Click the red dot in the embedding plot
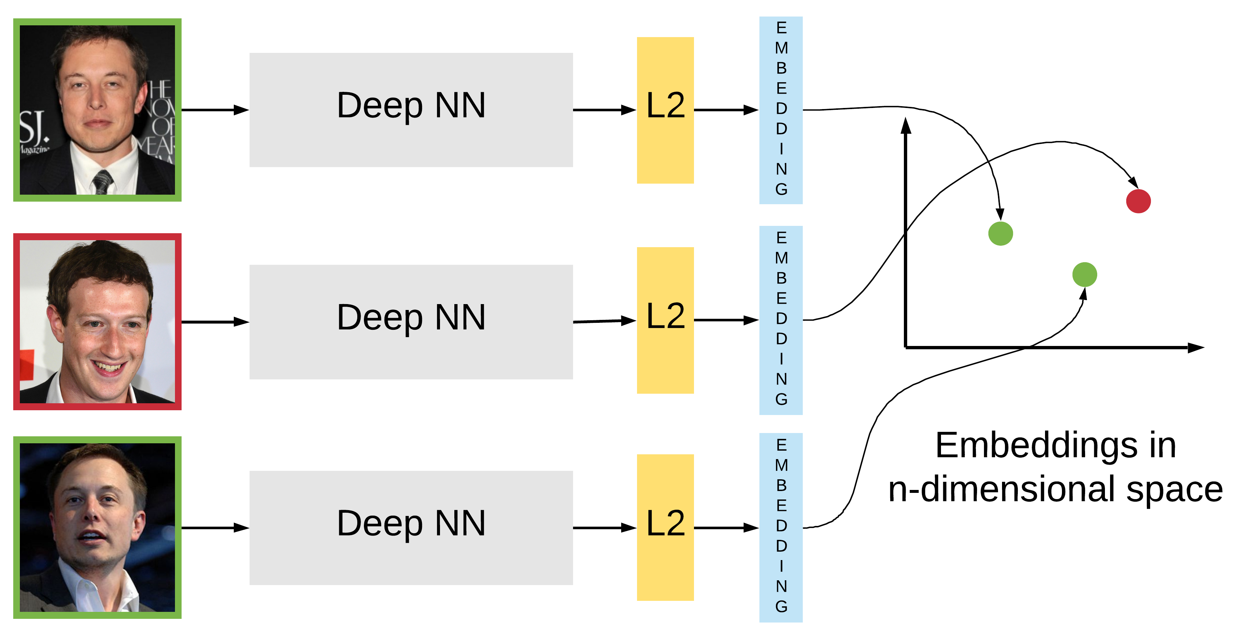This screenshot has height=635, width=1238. [1138, 201]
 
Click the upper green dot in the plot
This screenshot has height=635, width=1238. [1001, 234]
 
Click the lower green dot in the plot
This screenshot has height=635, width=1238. [1085, 274]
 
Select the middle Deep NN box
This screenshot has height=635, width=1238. [411, 321]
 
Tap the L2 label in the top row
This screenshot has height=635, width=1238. [665, 106]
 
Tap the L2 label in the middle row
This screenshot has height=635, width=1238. [665, 316]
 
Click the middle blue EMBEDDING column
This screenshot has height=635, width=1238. [781, 320]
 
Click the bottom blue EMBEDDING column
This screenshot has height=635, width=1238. [781, 527]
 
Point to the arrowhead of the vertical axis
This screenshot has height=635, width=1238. [906, 126]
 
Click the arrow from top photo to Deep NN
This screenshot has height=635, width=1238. [214, 110]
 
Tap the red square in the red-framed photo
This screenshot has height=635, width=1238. [28, 365]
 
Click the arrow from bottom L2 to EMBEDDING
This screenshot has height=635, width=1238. [726, 527]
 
